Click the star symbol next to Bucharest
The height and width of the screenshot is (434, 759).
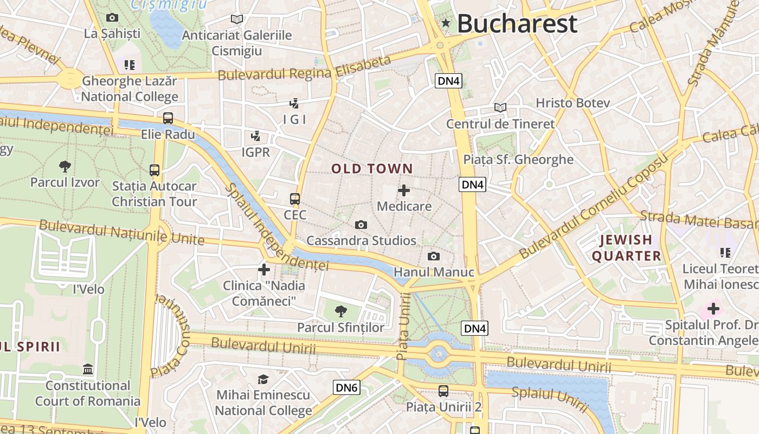446,23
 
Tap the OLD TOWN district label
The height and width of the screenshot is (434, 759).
372,169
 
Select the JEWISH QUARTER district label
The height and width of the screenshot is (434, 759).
626,248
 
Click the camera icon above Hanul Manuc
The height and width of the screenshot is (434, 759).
434,256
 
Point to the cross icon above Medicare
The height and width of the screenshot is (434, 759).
404,190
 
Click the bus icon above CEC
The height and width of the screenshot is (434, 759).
295,199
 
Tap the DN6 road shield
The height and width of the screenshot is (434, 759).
346,387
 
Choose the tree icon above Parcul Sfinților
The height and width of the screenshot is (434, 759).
340,311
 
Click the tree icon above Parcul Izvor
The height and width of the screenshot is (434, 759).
65,166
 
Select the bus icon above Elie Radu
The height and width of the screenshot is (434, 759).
168,118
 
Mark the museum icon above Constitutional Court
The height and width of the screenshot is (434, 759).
88,369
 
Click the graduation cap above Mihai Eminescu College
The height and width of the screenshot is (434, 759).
263,379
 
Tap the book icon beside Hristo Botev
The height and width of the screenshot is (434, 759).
500,107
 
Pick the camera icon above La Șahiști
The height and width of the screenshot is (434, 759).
112,17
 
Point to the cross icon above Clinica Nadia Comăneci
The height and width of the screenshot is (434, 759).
264,269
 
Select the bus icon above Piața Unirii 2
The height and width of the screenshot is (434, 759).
443,391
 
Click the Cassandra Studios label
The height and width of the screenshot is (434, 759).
361,240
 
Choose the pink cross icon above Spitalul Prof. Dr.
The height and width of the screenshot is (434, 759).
713,309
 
